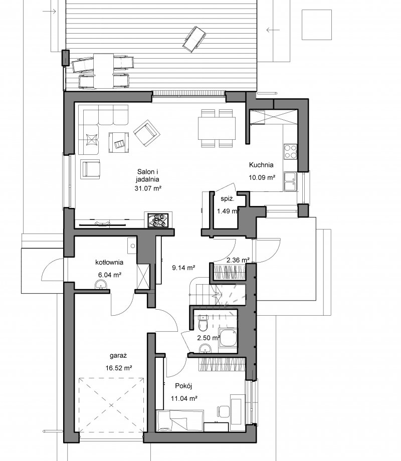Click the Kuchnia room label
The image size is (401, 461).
261,165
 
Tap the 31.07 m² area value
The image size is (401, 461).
148,188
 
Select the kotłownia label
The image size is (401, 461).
109,262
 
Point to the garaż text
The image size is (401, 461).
118,356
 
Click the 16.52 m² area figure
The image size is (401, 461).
119,368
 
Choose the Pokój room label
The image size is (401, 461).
183,386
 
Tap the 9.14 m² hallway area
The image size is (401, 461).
184,268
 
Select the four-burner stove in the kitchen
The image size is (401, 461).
290,151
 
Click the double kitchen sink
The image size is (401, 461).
290,182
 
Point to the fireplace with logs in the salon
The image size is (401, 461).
158,219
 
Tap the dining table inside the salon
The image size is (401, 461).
217,128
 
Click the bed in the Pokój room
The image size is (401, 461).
179,420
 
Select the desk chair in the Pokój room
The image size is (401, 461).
223,411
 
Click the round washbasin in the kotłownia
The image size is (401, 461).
101,285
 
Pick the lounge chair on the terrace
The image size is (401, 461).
194,39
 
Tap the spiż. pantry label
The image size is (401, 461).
228,199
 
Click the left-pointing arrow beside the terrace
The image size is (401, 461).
273,30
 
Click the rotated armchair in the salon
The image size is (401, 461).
147,133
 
